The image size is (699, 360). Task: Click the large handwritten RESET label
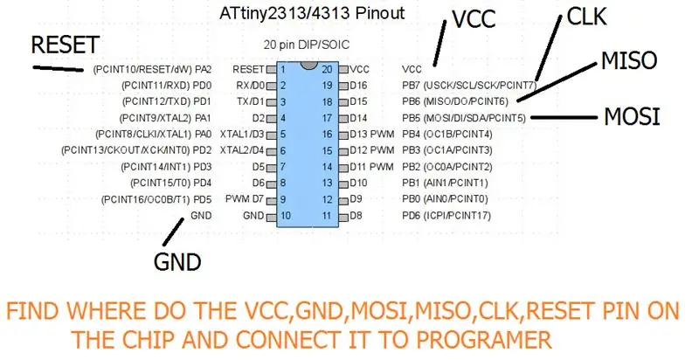coord(65,45)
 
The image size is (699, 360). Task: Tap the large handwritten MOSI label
coord(632,117)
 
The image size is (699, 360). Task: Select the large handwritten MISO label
coord(629,60)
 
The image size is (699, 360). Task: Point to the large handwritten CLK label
coord(586,17)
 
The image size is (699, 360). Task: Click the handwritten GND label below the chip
coord(177,261)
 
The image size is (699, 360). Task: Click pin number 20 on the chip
coord(327,70)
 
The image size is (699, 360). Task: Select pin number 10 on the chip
coord(286,216)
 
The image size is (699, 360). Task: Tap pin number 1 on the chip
coord(282,70)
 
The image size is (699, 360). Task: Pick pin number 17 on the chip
coord(327,118)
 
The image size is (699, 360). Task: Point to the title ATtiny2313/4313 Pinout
coord(312,13)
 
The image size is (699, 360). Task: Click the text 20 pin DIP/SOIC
coord(307,45)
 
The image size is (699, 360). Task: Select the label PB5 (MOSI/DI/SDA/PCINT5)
coord(464,118)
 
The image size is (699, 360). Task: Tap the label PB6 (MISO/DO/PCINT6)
coord(455,101)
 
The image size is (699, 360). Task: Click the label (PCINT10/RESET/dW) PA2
coord(152,70)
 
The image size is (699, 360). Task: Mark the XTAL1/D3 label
coord(242,134)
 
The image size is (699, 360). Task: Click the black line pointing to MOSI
coord(564,118)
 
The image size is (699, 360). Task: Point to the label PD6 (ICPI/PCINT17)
coord(446,216)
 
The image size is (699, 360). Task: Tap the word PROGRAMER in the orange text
coord(484,340)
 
